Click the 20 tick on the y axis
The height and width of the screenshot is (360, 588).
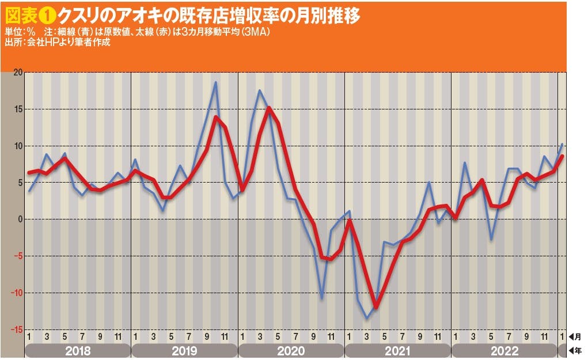(x=17, y=73)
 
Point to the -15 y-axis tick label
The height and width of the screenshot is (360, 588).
(x=16, y=329)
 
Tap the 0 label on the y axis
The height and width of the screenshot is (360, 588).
(x=19, y=219)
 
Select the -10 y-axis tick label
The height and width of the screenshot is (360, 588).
(x=16, y=293)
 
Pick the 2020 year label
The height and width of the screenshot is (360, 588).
(x=291, y=351)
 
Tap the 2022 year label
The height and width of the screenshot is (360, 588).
(x=504, y=351)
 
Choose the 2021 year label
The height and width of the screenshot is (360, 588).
(x=397, y=351)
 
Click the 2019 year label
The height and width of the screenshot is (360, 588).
(x=184, y=351)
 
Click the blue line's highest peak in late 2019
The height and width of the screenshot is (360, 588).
(x=215, y=82)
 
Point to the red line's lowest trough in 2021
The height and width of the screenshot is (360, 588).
(x=376, y=308)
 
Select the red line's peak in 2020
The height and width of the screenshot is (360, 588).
(x=269, y=108)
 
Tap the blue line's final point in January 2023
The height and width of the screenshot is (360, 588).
(x=562, y=144)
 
